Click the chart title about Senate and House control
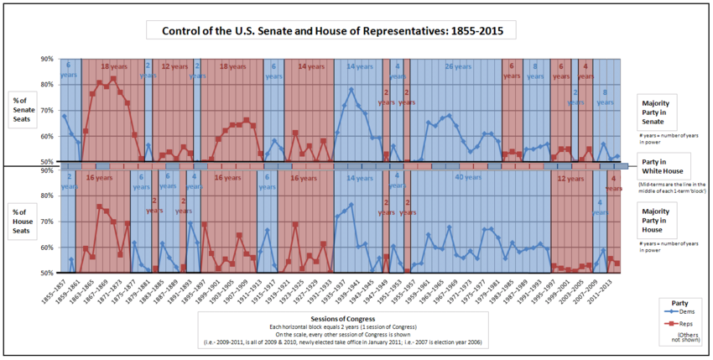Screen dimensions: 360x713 331,31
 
